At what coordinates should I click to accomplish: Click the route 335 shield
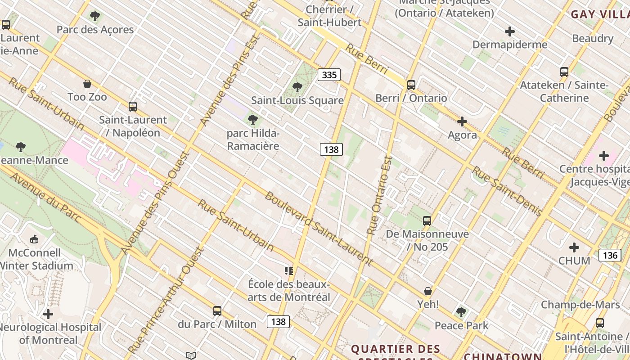click(329, 75)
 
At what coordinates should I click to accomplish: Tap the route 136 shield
click(610, 255)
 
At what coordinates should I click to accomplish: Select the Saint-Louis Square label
click(297, 100)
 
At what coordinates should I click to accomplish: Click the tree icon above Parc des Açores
click(94, 16)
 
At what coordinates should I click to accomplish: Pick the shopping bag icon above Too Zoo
click(87, 84)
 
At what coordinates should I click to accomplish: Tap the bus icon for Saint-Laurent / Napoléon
click(132, 107)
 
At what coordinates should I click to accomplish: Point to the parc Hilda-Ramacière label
click(253, 139)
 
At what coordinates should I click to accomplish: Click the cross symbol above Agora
click(462, 121)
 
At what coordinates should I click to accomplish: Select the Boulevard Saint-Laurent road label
click(319, 229)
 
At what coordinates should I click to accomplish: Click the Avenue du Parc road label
click(45, 197)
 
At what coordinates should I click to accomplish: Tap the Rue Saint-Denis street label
click(506, 191)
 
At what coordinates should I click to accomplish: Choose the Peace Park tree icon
click(460, 312)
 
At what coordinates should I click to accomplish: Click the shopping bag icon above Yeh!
click(427, 291)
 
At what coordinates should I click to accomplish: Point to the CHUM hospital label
click(574, 261)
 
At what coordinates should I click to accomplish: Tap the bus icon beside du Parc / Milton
click(217, 310)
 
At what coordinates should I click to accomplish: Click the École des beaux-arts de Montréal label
click(289, 291)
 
